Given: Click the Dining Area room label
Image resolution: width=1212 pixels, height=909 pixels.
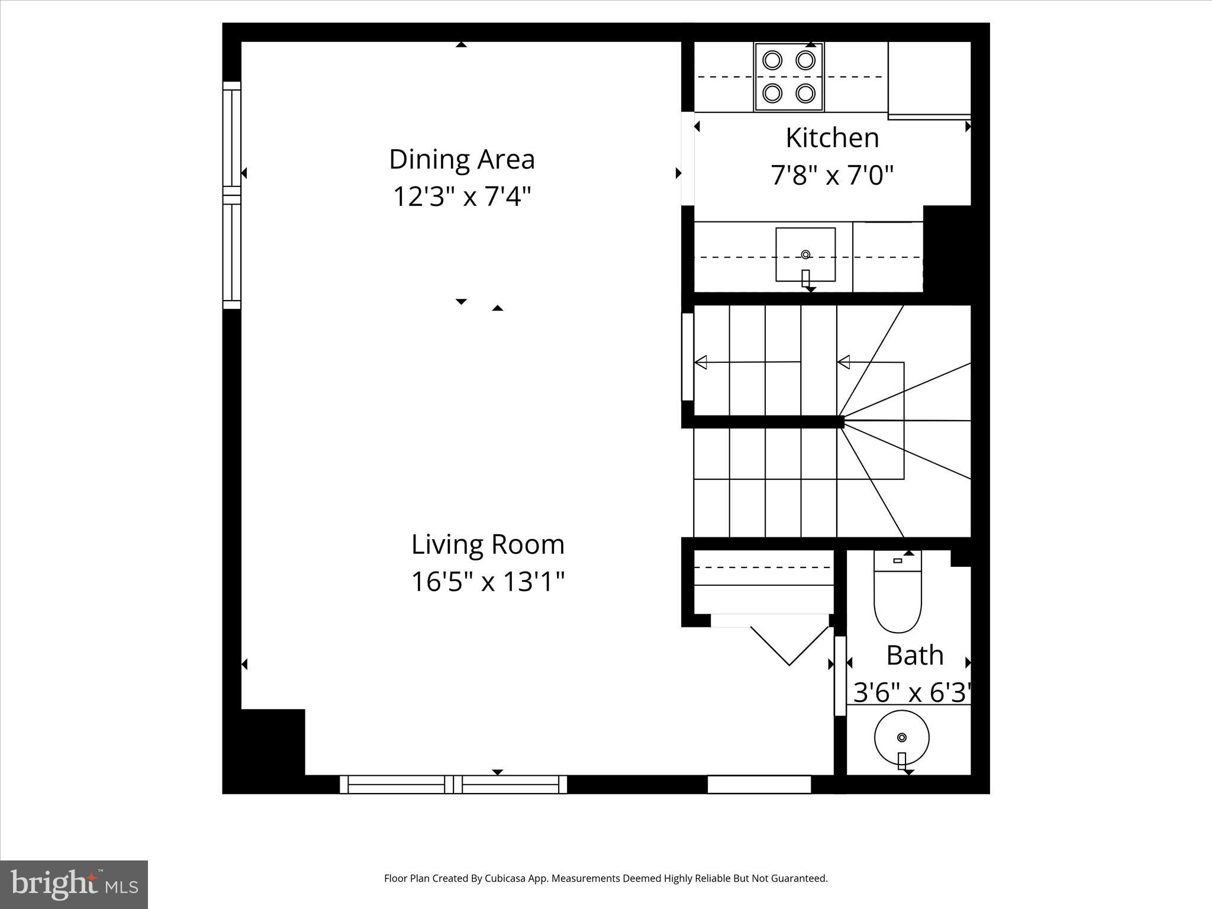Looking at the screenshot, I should (x=462, y=160).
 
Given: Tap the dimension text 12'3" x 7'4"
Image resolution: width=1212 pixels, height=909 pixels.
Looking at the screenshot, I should (x=462, y=196).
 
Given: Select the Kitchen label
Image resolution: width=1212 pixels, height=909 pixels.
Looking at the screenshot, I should (x=832, y=138).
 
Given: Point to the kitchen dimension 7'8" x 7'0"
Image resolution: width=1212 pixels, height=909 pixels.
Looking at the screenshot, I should (x=832, y=175).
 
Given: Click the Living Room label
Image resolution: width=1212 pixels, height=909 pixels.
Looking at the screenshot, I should (x=488, y=544).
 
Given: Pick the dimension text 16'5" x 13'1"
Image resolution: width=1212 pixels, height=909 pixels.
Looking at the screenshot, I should (x=488, y=582).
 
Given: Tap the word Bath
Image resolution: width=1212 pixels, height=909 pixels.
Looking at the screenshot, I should (x=914, y=656).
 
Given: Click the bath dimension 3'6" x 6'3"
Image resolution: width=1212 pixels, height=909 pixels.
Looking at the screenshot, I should (x=912, y=692).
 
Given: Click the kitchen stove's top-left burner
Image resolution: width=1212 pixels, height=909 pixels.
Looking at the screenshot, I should (x=772, y=60).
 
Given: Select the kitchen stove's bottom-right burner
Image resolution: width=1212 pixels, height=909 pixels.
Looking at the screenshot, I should (x=805, y=93).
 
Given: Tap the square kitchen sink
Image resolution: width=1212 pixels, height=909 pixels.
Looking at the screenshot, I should (x=805, y=254).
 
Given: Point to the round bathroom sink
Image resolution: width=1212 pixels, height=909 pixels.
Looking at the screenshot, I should (x=901, y=737).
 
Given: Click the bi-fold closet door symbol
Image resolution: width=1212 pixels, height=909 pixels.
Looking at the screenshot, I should (x=789, y=645).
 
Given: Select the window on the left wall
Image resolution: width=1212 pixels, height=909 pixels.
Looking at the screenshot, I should (x=232, y=195).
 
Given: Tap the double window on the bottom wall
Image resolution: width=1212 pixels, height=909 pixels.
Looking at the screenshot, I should (x=453, y=785).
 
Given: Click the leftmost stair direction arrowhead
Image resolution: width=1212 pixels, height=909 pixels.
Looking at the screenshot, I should (x=701, y=362).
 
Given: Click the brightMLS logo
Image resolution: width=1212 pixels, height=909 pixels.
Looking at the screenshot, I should (x=74, y=885).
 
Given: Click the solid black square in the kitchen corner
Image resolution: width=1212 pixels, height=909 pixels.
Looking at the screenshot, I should (x=947, y=249).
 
